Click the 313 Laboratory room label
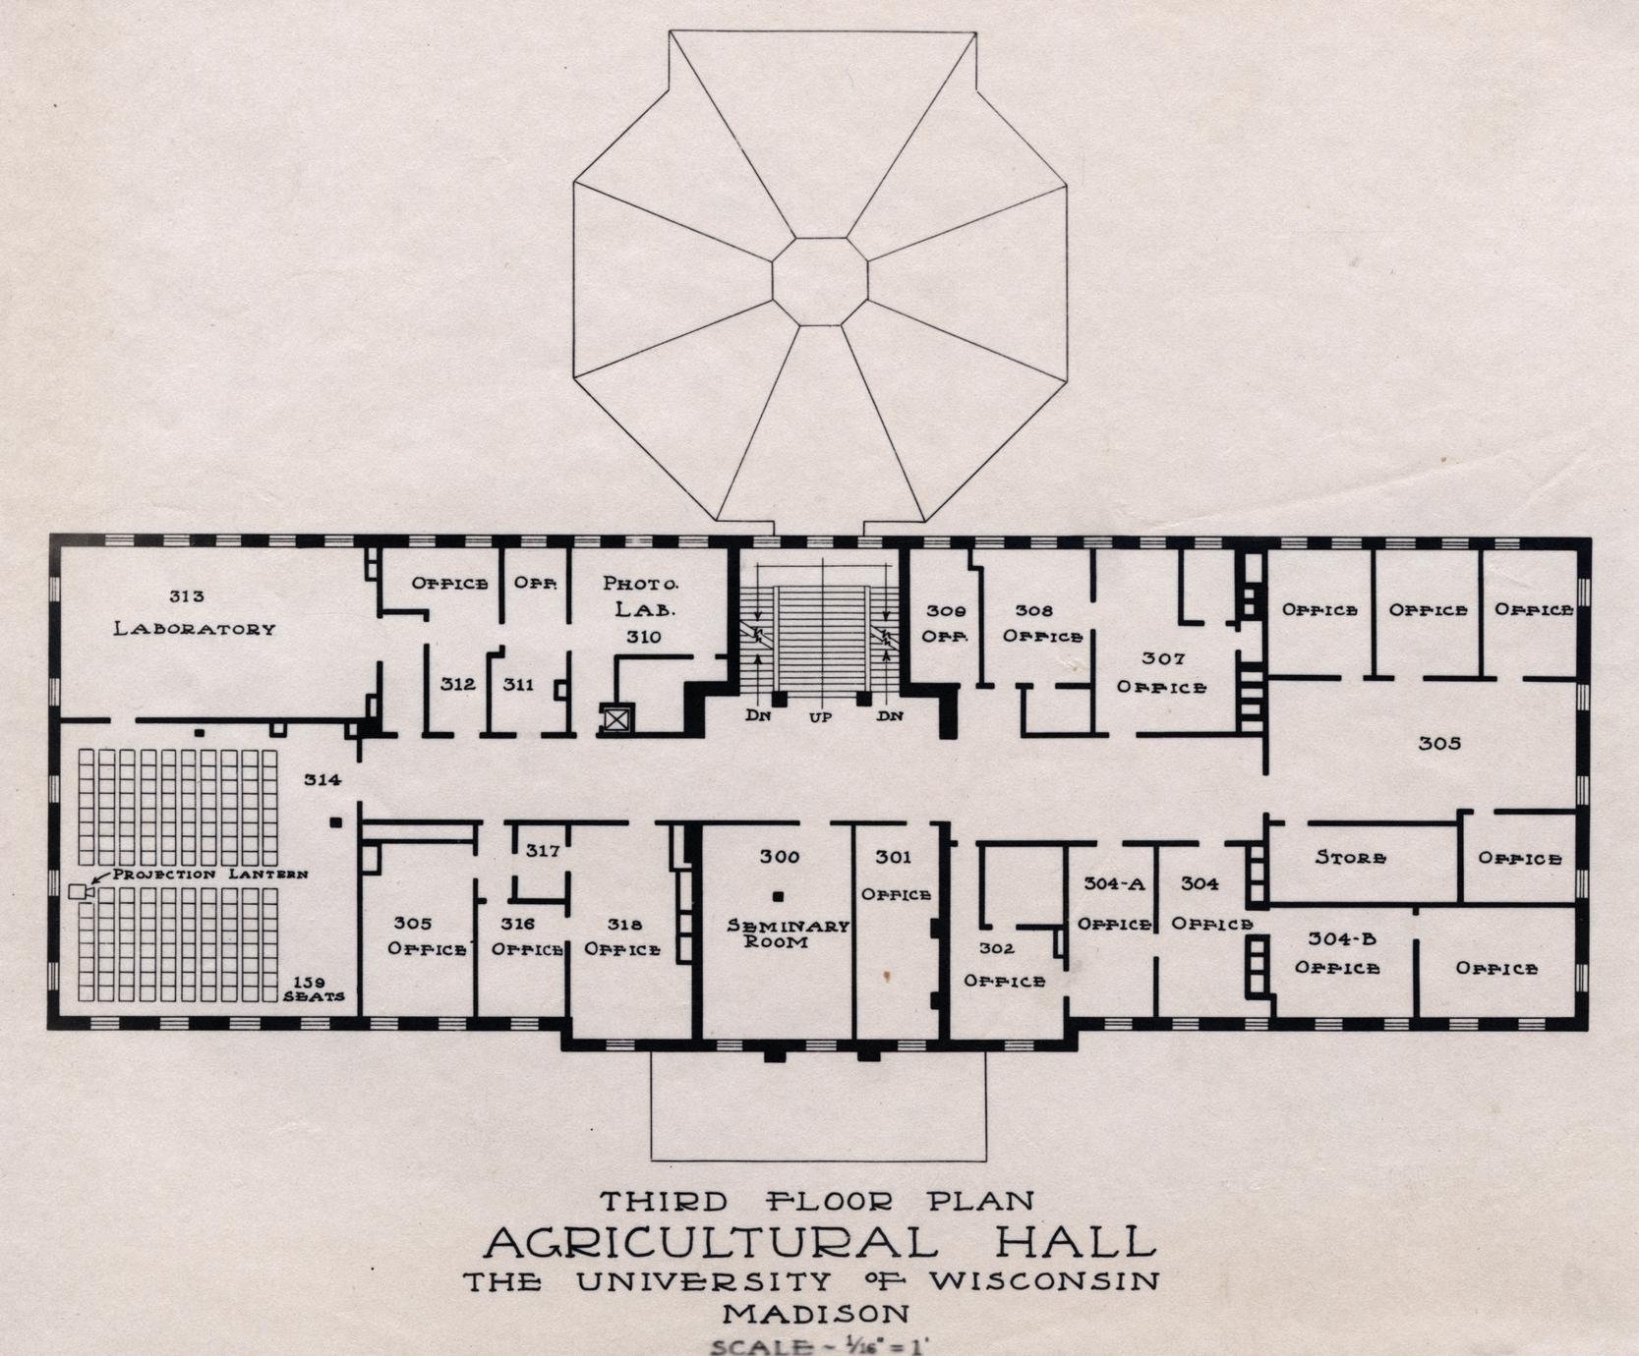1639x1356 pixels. tap(195, 613)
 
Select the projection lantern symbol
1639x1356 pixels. tap(80, 891)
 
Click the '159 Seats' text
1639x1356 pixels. tap(315, 989)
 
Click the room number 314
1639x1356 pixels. tap(322, 779)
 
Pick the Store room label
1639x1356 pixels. tap(1351, 858)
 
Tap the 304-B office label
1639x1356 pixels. tap(1337, 953)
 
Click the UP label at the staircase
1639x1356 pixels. tap(820, 717)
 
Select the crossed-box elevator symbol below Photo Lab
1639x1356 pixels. tap(615, 719)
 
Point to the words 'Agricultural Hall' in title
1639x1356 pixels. tap(820, 1242)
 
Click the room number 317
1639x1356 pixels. tap(543, 850)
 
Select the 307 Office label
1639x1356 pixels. tap(1162, 673)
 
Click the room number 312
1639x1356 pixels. tap(458, 684)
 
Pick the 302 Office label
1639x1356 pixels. tap(1004, 965)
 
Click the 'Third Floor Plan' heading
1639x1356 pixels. tap(817, 1201)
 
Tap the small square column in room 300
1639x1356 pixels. tap(778, 896)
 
